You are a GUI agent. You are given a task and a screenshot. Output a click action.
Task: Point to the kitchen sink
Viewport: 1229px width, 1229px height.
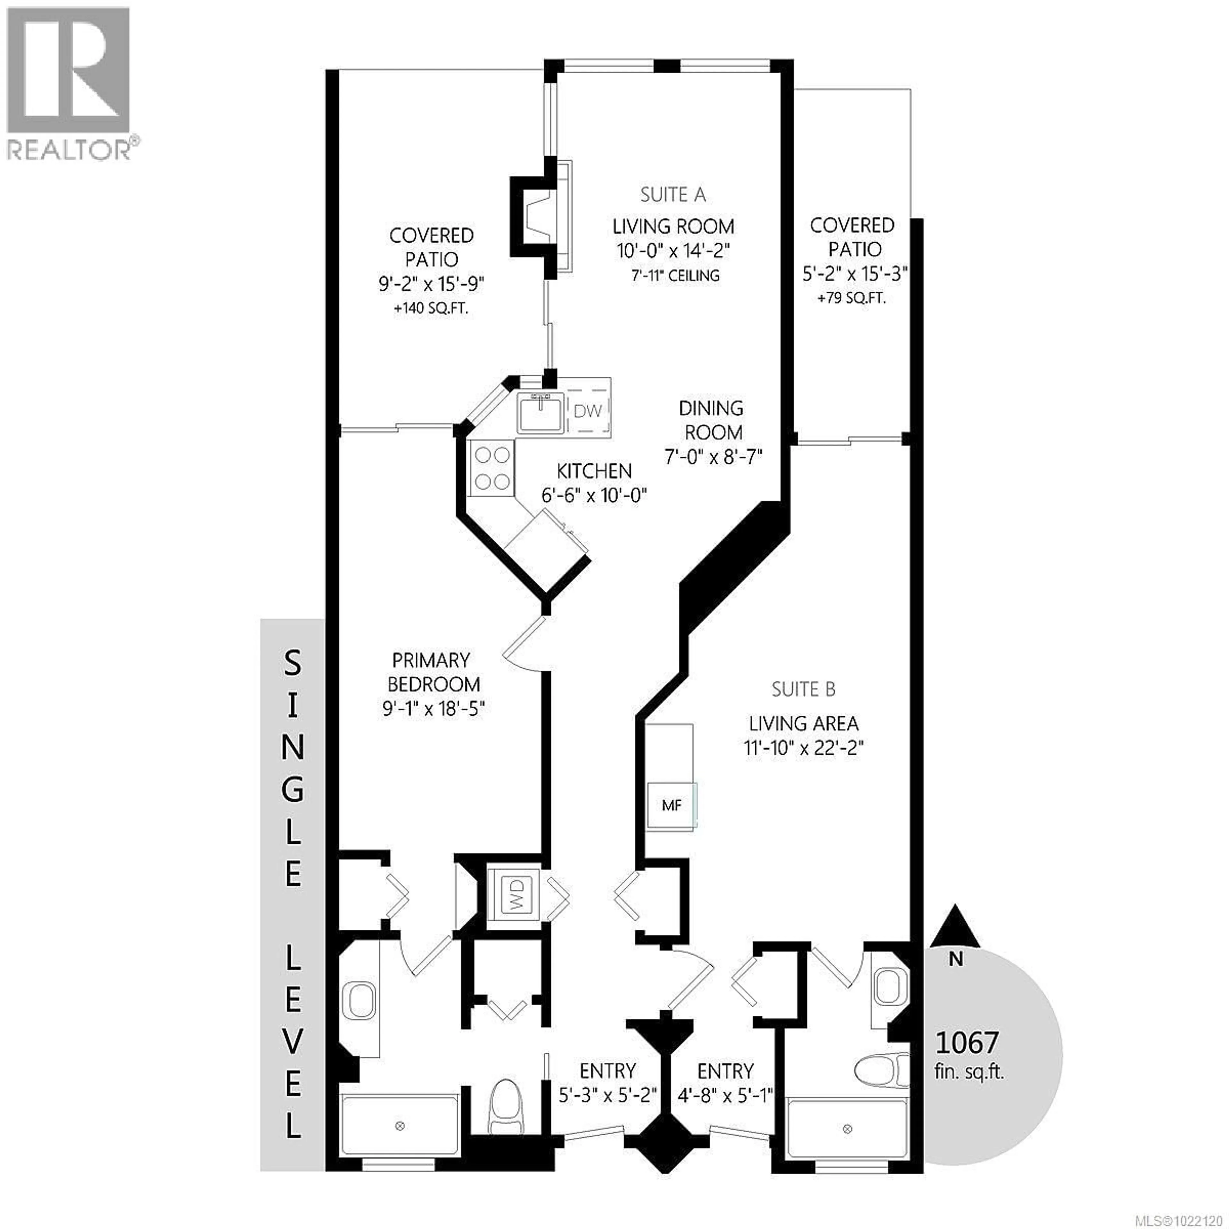[539, 412]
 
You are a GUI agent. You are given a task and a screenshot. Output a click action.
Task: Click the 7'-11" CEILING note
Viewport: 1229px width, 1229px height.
[676, 276]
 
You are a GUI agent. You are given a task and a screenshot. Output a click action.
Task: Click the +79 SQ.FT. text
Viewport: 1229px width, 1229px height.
[851, 298]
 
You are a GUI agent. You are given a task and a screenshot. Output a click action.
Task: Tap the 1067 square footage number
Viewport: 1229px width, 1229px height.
[966, 1043]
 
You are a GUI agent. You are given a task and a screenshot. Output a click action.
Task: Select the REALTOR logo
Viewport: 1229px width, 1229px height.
[70, 83]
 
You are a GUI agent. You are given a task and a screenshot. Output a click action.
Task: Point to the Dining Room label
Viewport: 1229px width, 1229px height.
[712, 420]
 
